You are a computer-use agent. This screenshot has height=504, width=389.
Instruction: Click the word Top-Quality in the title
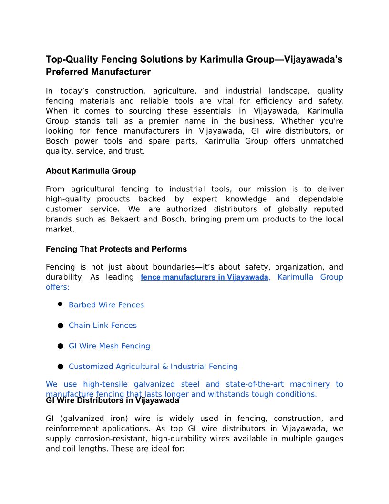[x=70, y=60]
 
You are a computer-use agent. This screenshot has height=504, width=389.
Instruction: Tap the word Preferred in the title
[x=64, y=72]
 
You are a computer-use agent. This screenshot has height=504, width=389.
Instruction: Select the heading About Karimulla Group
[x=91, y=171]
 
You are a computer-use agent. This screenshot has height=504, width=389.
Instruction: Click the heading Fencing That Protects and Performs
[x=116, y=249]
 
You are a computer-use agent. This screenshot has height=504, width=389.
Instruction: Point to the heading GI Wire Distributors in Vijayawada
[x=113, y=401]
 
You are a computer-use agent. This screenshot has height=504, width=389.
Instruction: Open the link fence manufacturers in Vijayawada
[x=205, y=277]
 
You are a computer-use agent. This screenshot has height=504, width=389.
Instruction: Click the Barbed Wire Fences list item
[x=106, y=305]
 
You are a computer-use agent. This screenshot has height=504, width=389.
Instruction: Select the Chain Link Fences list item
[x=102, y=325]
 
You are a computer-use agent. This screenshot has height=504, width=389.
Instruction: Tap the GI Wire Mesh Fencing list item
[x=109, y=346]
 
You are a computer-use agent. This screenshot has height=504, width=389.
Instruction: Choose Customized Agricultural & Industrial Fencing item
[x=153, y=367]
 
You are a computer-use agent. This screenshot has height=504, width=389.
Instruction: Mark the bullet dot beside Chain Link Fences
[x=61, y=325]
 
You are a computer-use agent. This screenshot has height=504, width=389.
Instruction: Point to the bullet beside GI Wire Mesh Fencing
[x=61, y=346]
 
